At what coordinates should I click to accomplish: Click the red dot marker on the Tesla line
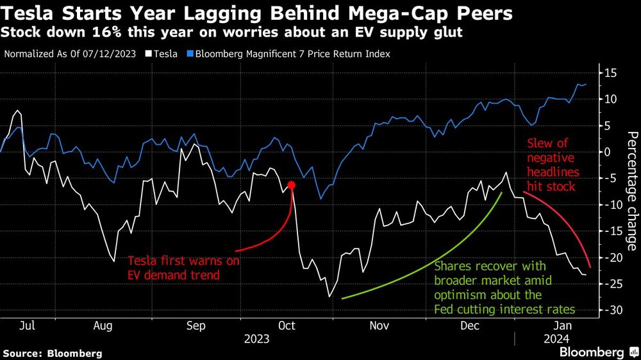[x=292, y=185]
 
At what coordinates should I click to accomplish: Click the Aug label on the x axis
[x=103, y=325]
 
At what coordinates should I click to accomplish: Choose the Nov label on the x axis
[x=379, y=325]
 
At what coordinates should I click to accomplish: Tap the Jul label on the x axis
[x=28, y=325]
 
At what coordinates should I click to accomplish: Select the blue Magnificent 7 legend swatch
[x=192, y=54]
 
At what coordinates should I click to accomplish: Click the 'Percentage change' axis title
[x=631, y=191]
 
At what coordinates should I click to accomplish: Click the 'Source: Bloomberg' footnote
[x=53, y=353]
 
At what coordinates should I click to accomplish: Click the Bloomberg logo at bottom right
[x=592, y=352]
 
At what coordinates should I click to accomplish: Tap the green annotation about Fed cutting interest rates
[x=503, y=288]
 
